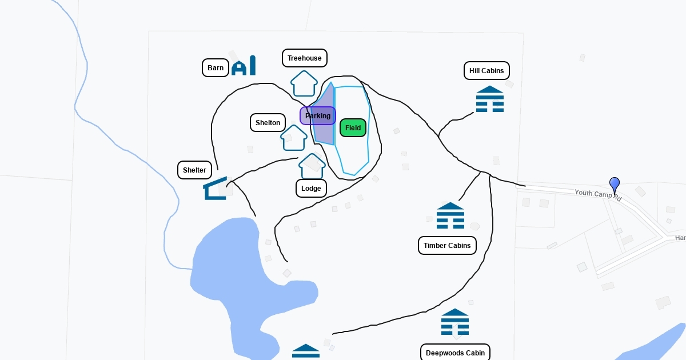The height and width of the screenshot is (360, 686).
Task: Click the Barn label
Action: click(x=216, y=68)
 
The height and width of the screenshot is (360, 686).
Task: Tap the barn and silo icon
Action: click(x=244, y=66)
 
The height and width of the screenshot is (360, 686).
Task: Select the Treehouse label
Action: click(x=305, y=58)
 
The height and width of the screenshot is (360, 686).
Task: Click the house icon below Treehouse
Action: click(x=304, y=84)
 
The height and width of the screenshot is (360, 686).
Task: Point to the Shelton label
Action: click(x=268, y=123)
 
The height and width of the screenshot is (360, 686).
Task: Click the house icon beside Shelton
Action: click(x=294, y=138)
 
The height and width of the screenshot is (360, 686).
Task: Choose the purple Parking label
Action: click(x=318, y=116)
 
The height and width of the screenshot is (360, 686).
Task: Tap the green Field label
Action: click(x=353, y=128)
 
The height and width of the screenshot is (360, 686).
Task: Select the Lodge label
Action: click(x=311, y=189)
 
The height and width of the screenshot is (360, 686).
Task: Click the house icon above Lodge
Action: click(x=312, y=166)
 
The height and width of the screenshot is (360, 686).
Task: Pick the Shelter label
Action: click(x=194, y=170)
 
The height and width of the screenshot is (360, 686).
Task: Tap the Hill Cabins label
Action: click(x=486, y=71)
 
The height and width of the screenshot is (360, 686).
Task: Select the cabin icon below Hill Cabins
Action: click(x=490, y=99)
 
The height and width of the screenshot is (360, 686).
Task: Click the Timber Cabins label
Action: click(x=447, y=246)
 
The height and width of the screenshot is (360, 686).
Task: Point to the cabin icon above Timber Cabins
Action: click(x=450, y=215)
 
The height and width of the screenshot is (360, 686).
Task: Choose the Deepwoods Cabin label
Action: click(x=455, y=353)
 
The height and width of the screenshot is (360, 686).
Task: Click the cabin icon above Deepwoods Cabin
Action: click(x=455, y=322)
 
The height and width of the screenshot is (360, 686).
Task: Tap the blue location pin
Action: click(x=615, y=186)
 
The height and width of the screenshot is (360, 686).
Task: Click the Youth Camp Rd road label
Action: click(x=597, y=194)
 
